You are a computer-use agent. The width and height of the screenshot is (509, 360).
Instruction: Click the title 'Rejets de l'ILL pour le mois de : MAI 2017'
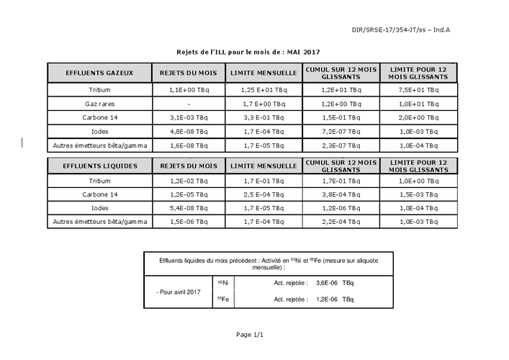[248, 53]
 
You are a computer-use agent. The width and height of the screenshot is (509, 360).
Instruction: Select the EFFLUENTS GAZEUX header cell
[99, 73]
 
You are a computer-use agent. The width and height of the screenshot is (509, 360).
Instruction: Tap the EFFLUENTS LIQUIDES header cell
[99, 166]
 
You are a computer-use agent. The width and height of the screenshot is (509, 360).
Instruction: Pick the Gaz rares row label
[99, 104]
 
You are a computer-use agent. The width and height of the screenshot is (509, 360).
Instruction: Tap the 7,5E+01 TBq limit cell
[418, 91]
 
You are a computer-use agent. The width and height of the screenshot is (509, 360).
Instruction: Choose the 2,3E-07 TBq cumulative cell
[341, 145]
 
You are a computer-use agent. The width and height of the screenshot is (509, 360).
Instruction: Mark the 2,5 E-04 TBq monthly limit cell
[263, 194]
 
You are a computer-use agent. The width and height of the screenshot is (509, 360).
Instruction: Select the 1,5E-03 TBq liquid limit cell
[418, 194]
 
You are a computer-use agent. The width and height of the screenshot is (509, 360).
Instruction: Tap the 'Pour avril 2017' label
[179, 291]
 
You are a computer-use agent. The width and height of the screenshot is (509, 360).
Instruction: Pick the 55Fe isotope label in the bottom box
[223, 298]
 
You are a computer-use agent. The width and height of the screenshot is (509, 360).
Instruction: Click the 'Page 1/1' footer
[250, 335]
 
